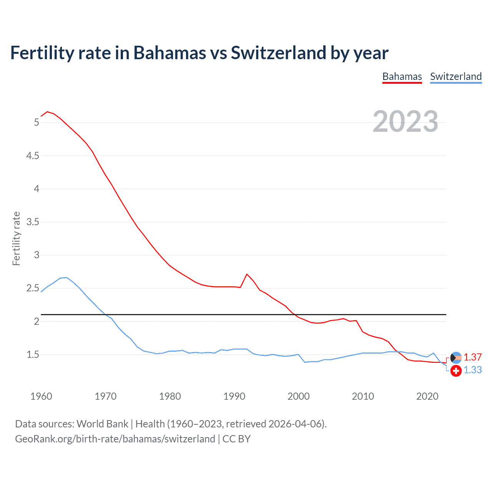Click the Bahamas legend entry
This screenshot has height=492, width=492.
click(x=402, y=76)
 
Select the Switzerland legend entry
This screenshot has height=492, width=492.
click(x=455, y=76)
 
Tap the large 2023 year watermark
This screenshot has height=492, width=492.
click(x=406, y=121)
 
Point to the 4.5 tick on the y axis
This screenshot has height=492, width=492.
click(x=33, y=156)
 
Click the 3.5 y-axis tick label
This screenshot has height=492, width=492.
click(x=33, y=222)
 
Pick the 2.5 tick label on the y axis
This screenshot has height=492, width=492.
click(x=33, y=288)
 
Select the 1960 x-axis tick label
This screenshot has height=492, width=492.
click(x=41, y=396)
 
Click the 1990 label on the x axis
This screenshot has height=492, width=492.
click(x=234, y=396)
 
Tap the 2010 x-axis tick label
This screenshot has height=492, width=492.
click(x=363, y=396)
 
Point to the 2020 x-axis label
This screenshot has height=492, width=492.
click(x=427, y=396)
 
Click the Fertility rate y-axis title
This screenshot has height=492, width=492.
click(x=16, y=238)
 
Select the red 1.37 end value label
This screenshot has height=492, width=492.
click(x=472, y=357)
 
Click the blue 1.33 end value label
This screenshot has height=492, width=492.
click(x=472, y=370)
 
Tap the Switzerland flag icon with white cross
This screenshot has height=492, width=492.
click(x=456, y=371)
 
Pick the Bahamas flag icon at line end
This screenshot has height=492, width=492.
click(x=455, y=358)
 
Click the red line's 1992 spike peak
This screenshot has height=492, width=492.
click(x=247, y=274)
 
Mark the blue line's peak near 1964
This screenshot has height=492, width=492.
click(x=66, y=278)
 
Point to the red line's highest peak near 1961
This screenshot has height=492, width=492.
click(x=47, y=112)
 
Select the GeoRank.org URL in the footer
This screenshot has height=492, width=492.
click(x=115, y=439)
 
